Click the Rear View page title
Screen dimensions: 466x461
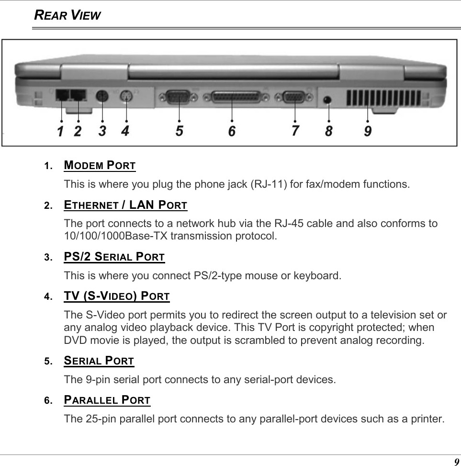(x=67, y=15)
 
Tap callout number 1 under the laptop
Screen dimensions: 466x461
(x=60, y=131)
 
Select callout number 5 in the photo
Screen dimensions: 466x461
(x=179, y=130)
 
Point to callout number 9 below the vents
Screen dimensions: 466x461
(x=367, y=130)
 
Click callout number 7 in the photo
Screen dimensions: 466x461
(x=295, y=130)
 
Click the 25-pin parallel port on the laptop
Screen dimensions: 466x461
(x=232, y=98)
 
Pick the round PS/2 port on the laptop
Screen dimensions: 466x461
(x=101, y=97)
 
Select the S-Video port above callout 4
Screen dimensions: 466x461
(x=126, y=97)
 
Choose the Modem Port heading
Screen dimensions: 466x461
(x=100, y=166)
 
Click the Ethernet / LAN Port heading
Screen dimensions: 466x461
(x=125, y=205)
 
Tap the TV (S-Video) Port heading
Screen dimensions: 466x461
(x=117, y=296)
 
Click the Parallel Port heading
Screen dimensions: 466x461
(x=107, y=399)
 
